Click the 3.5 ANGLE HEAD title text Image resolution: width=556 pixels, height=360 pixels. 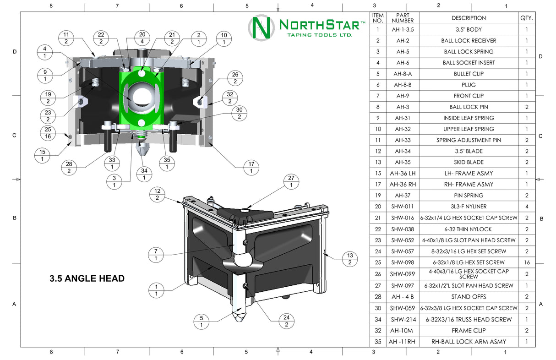(87, 278)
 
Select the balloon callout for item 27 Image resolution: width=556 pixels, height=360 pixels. (291, 182)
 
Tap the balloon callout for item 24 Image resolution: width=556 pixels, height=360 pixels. (286, 321)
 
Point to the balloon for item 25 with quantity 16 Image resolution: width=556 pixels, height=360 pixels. (48, 133)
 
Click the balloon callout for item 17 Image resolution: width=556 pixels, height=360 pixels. (251, 168)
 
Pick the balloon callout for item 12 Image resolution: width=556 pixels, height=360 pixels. (157, 195)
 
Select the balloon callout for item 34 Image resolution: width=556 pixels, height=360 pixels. (144, 175)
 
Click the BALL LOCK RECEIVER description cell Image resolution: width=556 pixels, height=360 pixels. (468, 40)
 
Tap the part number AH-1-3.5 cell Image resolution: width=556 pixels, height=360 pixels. (403, 29)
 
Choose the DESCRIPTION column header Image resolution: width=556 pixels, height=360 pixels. (468, 18)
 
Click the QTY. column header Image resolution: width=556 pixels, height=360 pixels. (527, 18)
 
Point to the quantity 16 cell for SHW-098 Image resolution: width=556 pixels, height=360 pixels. (527, 262)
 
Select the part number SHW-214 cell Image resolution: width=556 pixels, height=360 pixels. (403, 319)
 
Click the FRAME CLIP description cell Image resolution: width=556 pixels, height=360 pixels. (468, 330)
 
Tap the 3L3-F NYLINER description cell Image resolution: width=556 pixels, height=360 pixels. (468, 207)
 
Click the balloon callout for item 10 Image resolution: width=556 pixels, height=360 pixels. (223, 38)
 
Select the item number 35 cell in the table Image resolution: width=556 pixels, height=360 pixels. (378, 341)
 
